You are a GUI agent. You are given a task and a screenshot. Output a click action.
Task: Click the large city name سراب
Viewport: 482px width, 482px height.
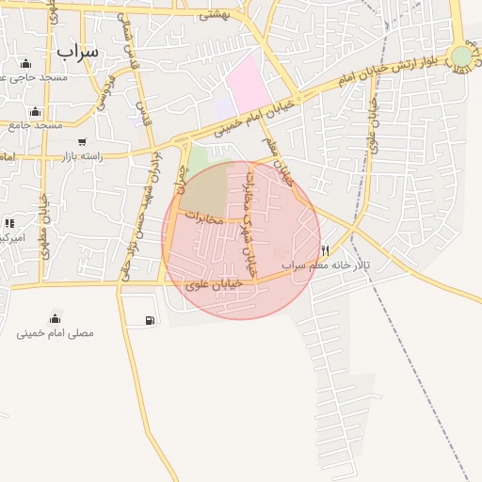tap(76, 50)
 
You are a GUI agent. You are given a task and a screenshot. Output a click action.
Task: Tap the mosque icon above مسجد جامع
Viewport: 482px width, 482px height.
tap(36, 112)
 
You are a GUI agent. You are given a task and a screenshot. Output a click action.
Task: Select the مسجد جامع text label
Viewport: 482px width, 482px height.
tap(36, 125)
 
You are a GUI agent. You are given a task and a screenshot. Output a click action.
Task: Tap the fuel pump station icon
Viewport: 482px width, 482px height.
tap(151, 320)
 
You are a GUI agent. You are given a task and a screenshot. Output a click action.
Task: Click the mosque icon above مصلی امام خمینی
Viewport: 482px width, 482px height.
tap(55, 318)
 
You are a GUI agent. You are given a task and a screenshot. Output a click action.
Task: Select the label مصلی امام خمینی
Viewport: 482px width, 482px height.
tap(55, 332)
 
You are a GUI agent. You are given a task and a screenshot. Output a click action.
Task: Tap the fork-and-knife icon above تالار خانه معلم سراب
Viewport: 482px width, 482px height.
tap(325, 250)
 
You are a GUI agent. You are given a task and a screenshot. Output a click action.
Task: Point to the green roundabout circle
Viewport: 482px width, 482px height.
tap(461, 56)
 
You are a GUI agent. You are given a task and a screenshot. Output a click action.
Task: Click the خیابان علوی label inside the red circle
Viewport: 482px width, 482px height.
tap(215, 282)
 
